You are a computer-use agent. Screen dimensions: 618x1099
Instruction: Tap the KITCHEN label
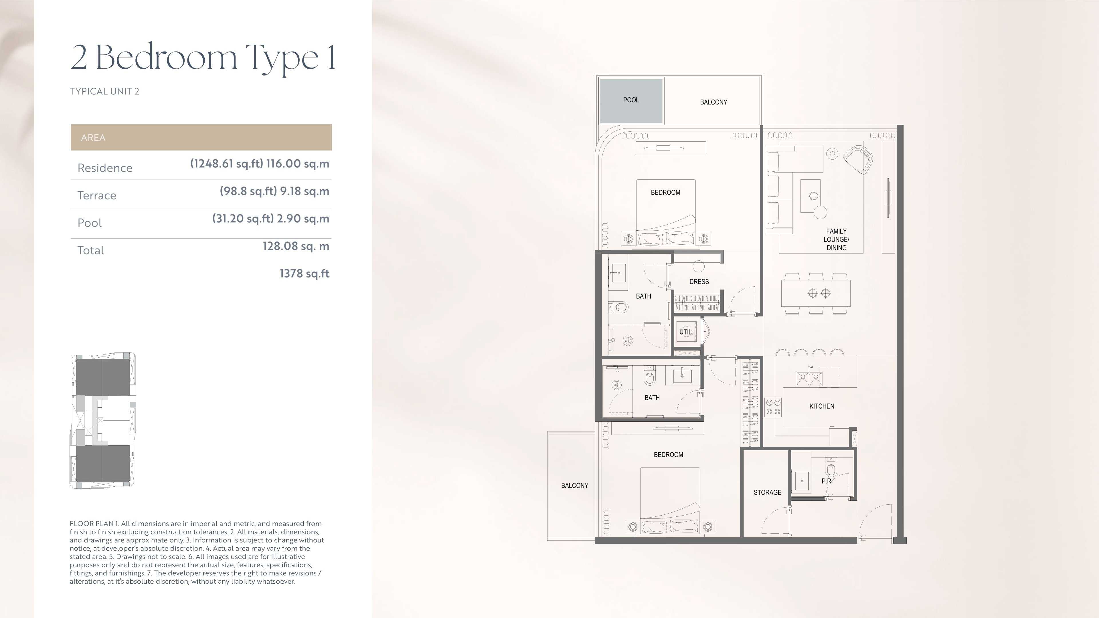[x=821, y=406]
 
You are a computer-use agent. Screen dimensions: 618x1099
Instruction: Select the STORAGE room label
[x=767, y=492]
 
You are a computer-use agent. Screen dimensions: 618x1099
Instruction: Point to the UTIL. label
[x=686, y=332]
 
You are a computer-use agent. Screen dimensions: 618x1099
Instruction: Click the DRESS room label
[x=699, y=282]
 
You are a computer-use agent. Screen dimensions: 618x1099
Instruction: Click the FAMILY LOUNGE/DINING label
[x=836, y=239]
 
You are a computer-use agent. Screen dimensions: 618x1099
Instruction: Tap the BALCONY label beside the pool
[x=713, y=102]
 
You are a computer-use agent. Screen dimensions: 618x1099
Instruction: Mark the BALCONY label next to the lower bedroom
[x=574, y=485]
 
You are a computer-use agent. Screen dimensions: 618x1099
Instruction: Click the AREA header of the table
[x=93, y=137]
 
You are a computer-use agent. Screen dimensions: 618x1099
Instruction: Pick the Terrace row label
[x=97, y=195]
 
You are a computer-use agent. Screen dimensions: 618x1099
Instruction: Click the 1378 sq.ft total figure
[x=304, y=274]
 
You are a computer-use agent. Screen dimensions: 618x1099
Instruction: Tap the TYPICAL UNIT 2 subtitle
[x=104, y=91]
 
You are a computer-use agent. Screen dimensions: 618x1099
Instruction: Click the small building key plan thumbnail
[x=103, y=421]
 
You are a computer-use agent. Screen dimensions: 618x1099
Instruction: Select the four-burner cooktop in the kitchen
[x=773, y=407]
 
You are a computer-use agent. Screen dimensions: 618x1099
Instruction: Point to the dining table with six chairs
[x=815, y=293]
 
